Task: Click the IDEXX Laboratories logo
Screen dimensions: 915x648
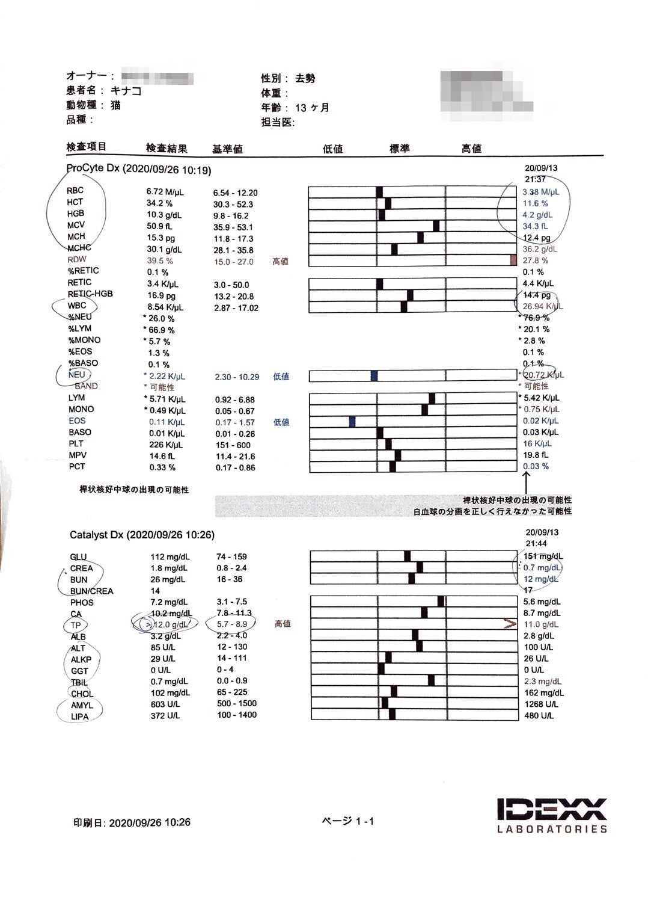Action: click(552, 815)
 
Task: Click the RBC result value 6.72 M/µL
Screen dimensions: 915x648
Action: click(165, 192)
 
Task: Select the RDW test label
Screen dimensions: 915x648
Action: click(77, 260)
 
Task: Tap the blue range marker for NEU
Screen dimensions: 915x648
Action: click(374, 376)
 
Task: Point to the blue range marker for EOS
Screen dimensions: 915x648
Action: click(352, 422)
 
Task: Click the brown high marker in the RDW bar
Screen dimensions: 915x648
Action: click(513, 260)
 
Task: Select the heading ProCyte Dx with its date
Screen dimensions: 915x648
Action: click(139, 170)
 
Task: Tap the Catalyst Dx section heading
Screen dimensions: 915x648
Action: click(142, 534)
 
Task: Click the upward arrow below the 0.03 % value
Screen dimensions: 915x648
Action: click(527, 481)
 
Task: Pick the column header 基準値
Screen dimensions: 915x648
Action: click(227, 149)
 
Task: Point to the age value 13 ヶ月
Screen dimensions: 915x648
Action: click(312, 108)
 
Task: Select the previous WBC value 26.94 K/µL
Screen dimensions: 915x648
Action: click(542, 306)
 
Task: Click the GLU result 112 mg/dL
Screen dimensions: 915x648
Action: click(168, 556)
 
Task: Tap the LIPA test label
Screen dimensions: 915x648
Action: click(79, 716)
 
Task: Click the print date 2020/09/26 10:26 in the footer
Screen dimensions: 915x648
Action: click(149, 822)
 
